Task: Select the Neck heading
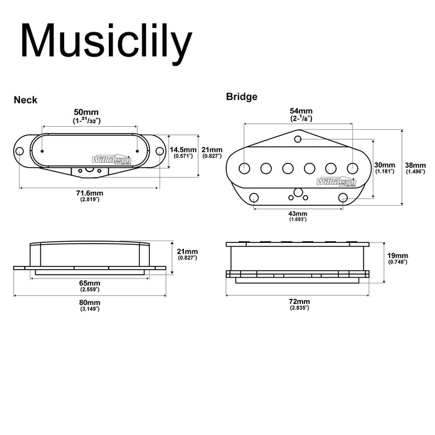point(25,99)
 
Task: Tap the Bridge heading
point(242,96)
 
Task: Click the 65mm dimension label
point(91,283)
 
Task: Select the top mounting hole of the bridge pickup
point(298,138)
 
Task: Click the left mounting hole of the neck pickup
point(21,151)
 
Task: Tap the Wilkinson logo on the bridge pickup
point(336,182)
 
